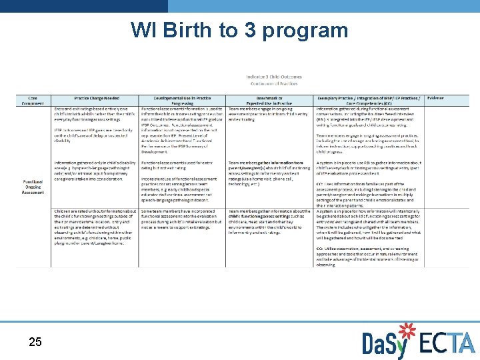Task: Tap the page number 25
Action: coord(35,342)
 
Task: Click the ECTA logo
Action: coord(445,343)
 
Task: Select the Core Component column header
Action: coord(33,101)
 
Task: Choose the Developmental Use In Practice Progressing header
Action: coord(182,101)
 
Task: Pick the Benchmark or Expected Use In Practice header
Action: coord(270,101)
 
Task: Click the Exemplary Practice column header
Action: coord(368,101)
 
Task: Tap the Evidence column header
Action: coord(436,98)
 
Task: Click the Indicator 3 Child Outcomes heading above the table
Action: coord(273,77)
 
